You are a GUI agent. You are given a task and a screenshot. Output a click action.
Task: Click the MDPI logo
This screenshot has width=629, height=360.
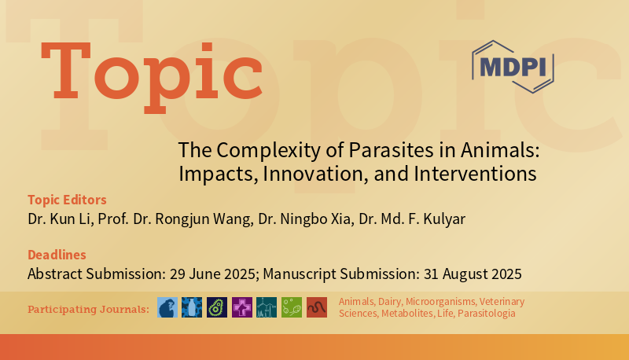(x=513, y=67)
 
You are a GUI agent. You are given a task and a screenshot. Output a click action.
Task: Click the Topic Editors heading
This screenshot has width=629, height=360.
(x=67, y=200)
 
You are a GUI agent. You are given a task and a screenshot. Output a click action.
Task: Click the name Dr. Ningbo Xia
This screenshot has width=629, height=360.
(x=307, y=219)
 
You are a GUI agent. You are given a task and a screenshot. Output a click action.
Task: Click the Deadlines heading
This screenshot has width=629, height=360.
(x=57, y=255)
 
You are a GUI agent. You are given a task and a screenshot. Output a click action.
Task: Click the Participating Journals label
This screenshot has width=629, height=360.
(x=88, y=309)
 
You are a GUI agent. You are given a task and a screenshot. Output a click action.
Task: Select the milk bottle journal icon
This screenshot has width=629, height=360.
(x=192, y=307)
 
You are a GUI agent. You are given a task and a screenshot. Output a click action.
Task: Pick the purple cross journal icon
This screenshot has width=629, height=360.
(x=241, y=307)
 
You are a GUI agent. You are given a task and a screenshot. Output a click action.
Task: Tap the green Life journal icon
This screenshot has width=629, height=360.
(x=292, y=307)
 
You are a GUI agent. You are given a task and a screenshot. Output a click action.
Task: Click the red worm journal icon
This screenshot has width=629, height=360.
(x=317, y=307)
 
